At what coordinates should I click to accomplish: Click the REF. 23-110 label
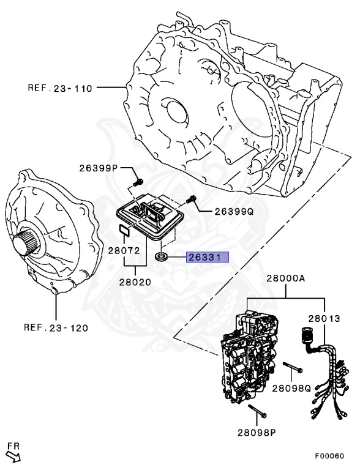(x=59, y=88)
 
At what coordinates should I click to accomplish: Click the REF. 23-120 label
(x=56, y=327)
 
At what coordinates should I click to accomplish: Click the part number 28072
(x=125, y=251)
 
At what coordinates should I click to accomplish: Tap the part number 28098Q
(x=293, y=388)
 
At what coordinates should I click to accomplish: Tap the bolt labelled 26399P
(x=138, y=182)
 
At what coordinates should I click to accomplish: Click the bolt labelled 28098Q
(x=293, y=369)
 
